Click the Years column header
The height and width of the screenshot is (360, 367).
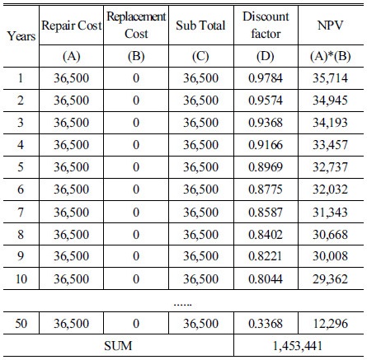[21, 36]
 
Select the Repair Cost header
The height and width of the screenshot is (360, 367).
[72, 26]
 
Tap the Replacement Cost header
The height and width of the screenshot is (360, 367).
[136, 25]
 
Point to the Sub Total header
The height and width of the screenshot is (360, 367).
[200, 26]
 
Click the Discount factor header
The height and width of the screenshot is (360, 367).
[266, 25]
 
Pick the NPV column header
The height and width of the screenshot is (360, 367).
[330, 26]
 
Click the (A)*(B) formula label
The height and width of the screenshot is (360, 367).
[330, 56]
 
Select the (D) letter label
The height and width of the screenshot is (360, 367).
[266, 56]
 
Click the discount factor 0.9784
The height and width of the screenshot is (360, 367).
[266, 78]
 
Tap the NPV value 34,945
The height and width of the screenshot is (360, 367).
[330, 101]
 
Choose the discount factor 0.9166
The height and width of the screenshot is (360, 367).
[266, 145]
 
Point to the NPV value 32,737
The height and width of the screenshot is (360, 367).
[330, 167]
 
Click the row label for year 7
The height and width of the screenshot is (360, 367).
[21, 213]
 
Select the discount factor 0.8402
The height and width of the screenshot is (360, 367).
[266, 235]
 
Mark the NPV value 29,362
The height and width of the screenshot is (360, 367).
[330, 279]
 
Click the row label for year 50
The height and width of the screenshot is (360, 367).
[21, 324]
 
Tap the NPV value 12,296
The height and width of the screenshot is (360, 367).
[331, 324]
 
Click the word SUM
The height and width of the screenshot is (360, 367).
[118, 346]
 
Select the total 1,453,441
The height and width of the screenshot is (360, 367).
[298, 346]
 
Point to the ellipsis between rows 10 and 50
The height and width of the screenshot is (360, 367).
[183, 305]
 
